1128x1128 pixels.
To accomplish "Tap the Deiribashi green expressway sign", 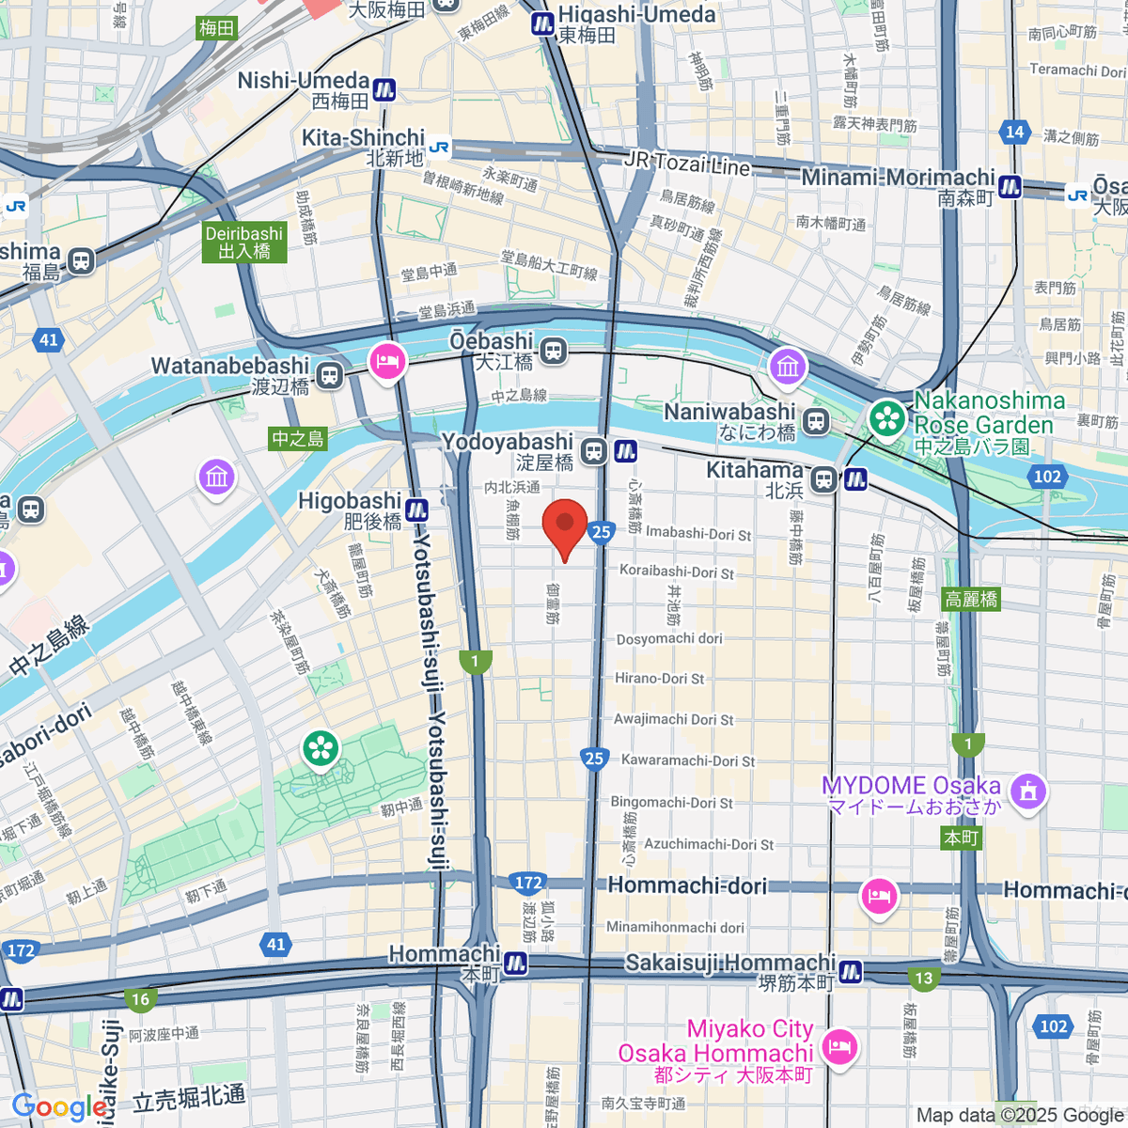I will click(x=244, y=243).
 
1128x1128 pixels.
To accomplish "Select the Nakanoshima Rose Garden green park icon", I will click(x=886, y=418).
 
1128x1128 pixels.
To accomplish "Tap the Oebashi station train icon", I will click(x=554, y=352).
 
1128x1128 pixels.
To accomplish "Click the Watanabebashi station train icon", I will click(x=328, y=376).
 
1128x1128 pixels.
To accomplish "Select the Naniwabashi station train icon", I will click(x=815, y=422).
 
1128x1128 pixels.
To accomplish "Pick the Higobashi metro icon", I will click(x=417, y=510).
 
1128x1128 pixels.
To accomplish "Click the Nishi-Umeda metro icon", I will click(x=384, y=90).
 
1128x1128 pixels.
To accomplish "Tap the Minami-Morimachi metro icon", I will click(x=1010, y=186).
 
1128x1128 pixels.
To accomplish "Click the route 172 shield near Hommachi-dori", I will click(x=528, y=883).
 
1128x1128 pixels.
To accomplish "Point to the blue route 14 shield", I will click(x=1014, y=133).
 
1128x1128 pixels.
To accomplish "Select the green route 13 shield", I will click(x=924, y=979).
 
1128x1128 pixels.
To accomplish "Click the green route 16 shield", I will click(x=140, y=999).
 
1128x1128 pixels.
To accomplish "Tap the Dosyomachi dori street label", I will click(x=669, y=639).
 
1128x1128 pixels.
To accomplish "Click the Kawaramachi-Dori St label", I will click(x=687, y=760).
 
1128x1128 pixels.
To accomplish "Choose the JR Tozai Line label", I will click(x=687, y=164).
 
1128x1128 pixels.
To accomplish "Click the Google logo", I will click(x=59, y=1107).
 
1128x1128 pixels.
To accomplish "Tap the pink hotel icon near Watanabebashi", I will click(x=387, y=361).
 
